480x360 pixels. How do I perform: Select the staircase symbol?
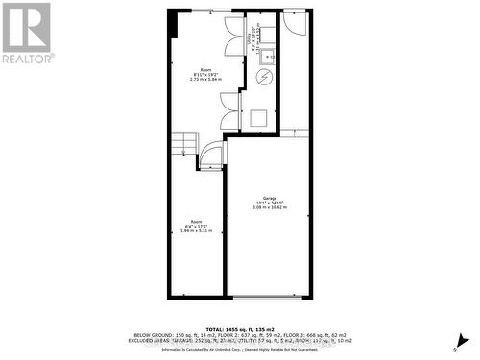[x=183, y=146]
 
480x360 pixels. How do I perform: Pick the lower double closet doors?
[x=228, y=112]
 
